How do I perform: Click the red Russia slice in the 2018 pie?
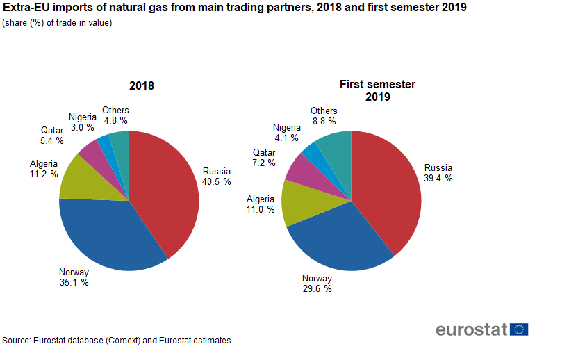[x=163, y=188]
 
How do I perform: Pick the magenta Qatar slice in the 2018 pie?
[x=91, y=148]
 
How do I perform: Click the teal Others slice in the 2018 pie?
[x=120, y=140]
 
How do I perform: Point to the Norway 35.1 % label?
[x=74, y=277]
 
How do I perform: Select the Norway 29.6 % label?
[x=317, y=284]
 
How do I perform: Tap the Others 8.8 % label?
[x=324, y=115]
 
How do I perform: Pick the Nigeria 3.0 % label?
[x=83, y=122]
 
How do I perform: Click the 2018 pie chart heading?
[x=142, y=86]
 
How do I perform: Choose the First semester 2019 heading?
[x=377, y=90]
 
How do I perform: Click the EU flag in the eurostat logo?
[x=519, y=329]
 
